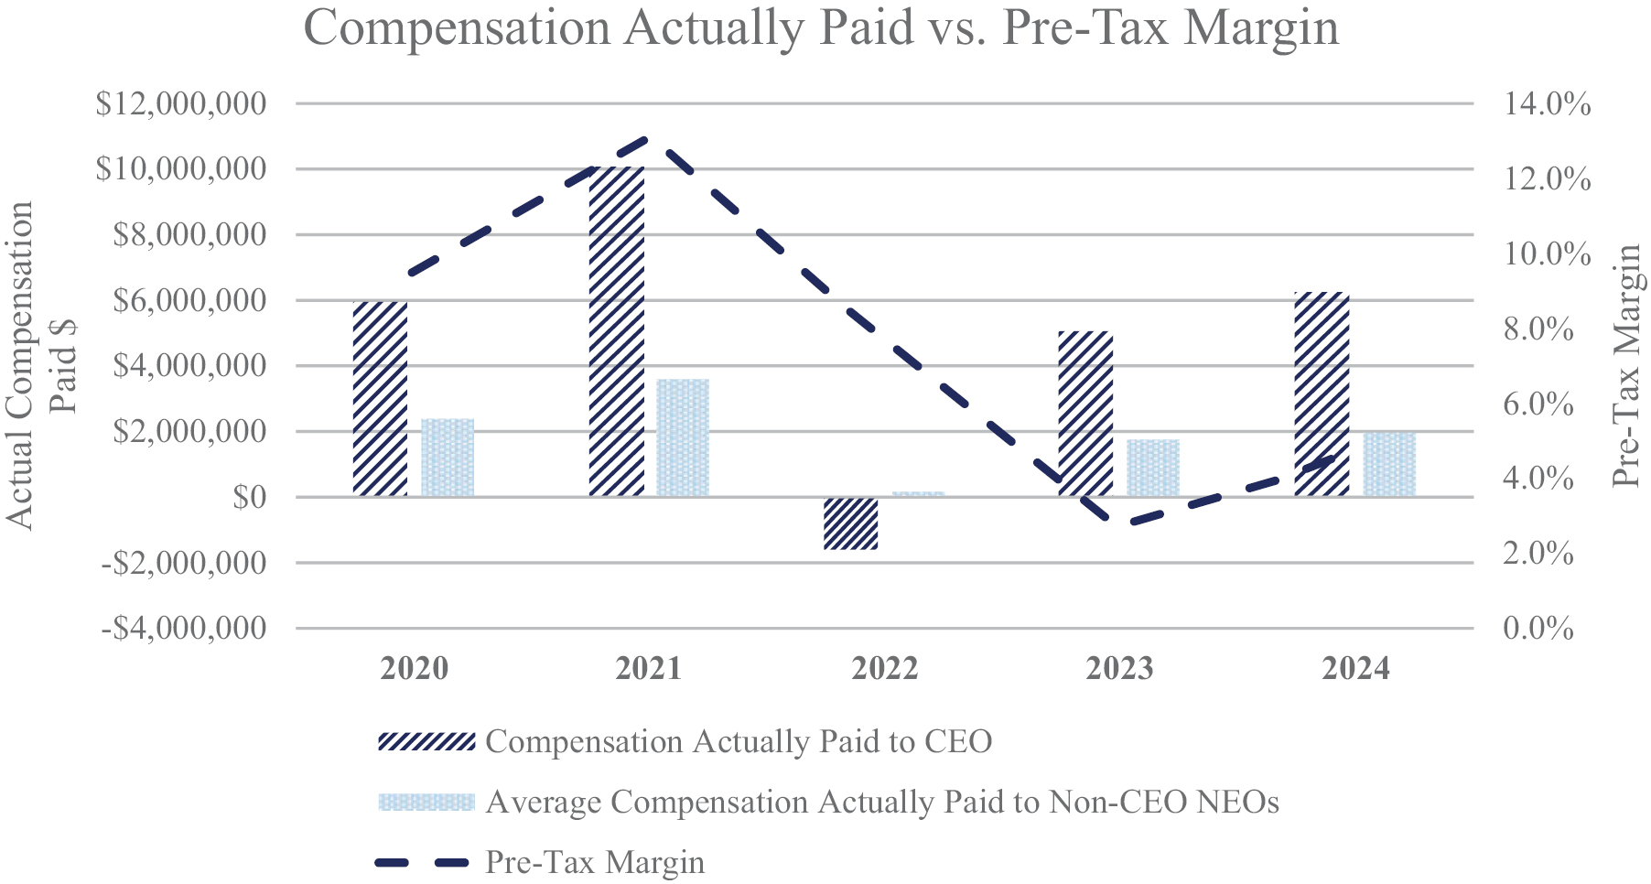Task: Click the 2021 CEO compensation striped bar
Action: click(x=617, y=331)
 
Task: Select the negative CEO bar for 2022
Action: click(x=851, y=523)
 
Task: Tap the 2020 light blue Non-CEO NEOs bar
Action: click(x=448, y=458)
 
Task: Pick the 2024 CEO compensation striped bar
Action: click(x=1322, y=394)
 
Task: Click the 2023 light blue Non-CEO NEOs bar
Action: click(x=1153, y=468)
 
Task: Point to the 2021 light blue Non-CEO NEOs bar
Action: click(x=683, y=437)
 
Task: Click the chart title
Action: click(x=821, y=27)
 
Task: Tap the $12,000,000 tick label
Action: click(x=181, y=103)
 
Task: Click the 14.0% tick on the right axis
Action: click(x=1547, y=103)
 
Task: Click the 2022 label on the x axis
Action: click(x=884, y=669)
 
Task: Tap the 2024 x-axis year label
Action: click(x=1355, y=669)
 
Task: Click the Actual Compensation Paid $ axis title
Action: click(x=41, y=366)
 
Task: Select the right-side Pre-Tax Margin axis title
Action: click(x=1626, y=366)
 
